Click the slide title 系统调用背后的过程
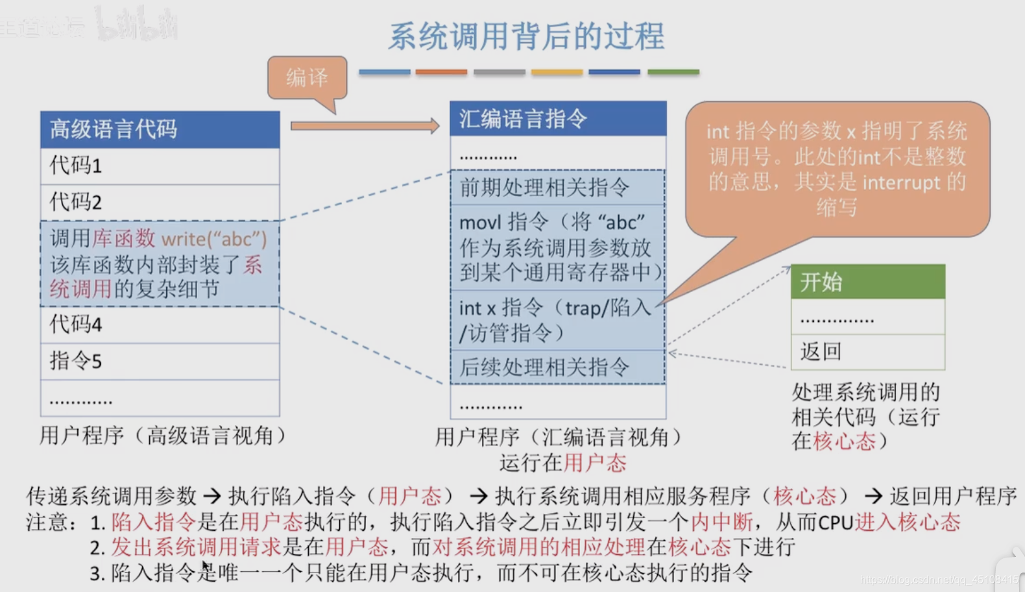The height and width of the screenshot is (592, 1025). tap(526, 36)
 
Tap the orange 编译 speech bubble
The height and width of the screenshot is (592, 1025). tap(307, 78)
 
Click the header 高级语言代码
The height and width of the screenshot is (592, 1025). tap(160, 129)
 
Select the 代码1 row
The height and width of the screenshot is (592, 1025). tap(160, 166)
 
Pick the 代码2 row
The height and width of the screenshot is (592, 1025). tap(160, 203)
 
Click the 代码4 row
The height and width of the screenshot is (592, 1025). tap(160, 325)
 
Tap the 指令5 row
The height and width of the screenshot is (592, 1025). tap(160, 361)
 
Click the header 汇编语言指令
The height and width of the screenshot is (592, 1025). tap(558, 119)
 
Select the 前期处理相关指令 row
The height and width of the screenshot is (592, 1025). tap(558, 188)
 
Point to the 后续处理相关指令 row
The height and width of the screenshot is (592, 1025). tap(558, 367)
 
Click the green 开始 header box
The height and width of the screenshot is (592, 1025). tap(867, 282)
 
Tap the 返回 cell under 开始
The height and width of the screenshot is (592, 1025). tap(867, 352)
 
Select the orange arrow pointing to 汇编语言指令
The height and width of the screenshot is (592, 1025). tap(365, 125)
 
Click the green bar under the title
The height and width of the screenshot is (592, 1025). tap(673, 72)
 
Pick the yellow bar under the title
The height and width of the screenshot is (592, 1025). tap(557, 72)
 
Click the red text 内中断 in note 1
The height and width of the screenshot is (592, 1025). tap(722, 522)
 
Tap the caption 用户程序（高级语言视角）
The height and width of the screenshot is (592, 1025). tap(162, 436)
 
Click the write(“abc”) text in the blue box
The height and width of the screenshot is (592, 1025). tap(214, 240)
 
